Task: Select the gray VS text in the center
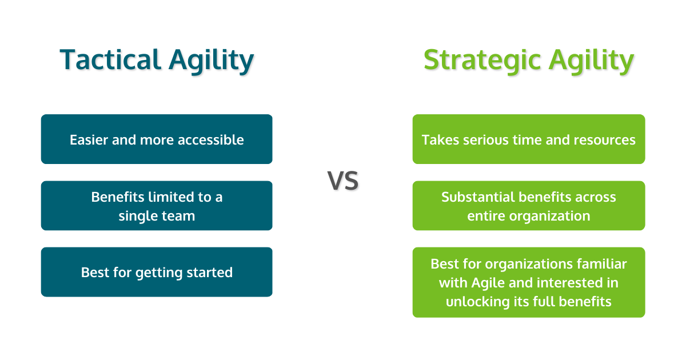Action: coord(343,181)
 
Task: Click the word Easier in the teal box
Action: coord(89,140)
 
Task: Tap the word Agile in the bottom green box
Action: coord(489,283)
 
